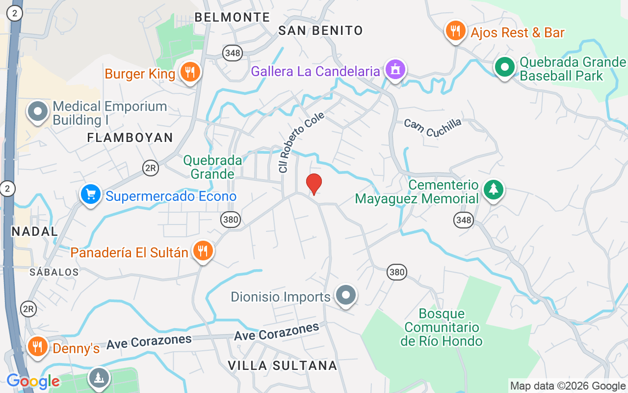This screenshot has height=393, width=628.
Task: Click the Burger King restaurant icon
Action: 189,72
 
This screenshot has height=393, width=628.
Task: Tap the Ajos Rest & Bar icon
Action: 456,31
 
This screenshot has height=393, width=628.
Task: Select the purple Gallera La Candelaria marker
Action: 395,69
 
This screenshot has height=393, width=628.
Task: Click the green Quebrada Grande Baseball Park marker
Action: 504,67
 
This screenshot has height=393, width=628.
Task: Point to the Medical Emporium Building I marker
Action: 38,111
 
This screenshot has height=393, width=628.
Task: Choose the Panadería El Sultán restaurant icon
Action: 202,251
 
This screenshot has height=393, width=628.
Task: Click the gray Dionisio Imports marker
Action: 346,295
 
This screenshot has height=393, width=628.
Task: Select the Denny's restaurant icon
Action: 37,346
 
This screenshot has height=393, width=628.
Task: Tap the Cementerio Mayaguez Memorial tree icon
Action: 494,189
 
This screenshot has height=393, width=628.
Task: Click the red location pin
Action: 314,184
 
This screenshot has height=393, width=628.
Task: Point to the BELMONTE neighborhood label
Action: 232,17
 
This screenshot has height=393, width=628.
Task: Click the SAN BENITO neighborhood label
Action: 320,30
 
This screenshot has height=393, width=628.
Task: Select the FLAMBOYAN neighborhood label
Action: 130,138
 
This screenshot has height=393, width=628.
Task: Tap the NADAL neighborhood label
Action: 34,231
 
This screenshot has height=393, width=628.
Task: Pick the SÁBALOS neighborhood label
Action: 53,272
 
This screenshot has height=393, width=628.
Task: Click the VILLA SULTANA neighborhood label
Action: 283,365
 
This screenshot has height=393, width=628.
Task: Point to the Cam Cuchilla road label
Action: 433,127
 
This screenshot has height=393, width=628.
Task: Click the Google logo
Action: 33,381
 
